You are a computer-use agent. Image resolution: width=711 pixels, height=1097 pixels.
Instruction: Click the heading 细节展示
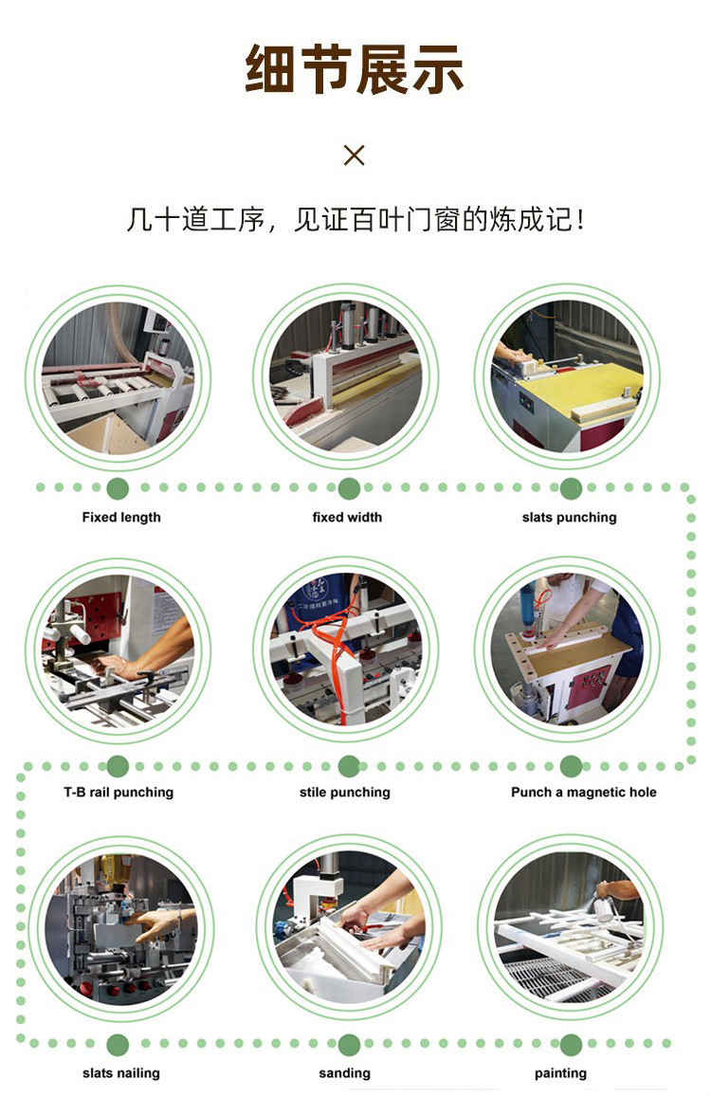(355, 68)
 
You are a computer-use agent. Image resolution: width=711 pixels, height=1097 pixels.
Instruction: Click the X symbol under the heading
(355, 155)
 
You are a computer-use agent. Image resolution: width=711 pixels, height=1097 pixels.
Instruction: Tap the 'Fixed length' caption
(121, 518)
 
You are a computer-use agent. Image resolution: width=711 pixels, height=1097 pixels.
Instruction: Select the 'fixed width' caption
(347, 517)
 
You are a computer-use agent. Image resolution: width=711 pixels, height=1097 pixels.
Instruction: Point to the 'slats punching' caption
(569, 518)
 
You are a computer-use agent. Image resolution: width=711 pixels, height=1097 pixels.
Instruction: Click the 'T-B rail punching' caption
(118, 792)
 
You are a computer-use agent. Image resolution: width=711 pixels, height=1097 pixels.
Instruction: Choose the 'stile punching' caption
(344, 792)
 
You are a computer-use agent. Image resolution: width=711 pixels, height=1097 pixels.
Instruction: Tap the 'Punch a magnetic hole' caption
(584, 792)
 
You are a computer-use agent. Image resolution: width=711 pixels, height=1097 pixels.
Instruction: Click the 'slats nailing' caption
(120, 1072)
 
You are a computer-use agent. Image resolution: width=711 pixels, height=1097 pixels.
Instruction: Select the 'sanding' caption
(344, 1072)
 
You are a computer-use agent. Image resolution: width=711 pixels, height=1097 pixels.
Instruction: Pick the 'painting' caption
(560, 1072)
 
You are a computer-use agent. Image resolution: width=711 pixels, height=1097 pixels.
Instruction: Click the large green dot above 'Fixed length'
(118, 488)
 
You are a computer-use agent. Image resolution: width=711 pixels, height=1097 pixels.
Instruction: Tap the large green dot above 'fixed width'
(349, 488)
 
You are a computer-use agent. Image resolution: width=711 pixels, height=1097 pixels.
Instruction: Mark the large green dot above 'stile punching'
(349, 766)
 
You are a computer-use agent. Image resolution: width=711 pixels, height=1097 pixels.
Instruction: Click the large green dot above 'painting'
(571, 1045)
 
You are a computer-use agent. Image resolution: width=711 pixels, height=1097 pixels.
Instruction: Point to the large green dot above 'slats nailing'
(118, 1045)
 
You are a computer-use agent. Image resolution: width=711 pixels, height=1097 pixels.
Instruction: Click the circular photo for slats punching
(567, 376)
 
